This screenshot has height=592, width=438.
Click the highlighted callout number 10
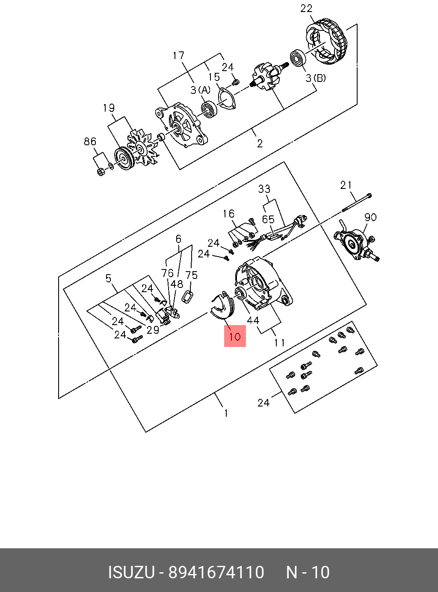[x=235, y=336]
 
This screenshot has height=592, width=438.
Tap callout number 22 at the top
[x=306, y=9]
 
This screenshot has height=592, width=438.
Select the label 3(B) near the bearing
[x=316, y=78]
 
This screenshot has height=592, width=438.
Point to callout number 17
[x=178, y=56]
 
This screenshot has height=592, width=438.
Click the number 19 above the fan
[x=109, y=108]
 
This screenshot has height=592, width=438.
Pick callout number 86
[x=90, y=141]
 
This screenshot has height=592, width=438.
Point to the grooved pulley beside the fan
[x=124, y=159]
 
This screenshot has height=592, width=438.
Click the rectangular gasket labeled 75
[x=188, y=296]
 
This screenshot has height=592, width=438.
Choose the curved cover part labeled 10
[x=222, y=306]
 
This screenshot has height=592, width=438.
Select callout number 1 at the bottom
[x=226, y=413]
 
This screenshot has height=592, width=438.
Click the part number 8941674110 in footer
[x=216, y=572]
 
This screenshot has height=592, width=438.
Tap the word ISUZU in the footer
[x=131, y=572]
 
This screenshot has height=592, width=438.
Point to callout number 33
[x=264, y=189]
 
